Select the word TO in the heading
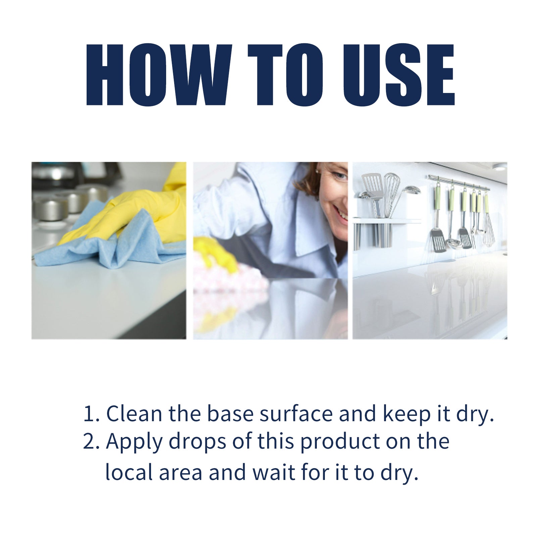[285, 75]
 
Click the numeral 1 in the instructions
[89, 414]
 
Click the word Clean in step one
[134, 414]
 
